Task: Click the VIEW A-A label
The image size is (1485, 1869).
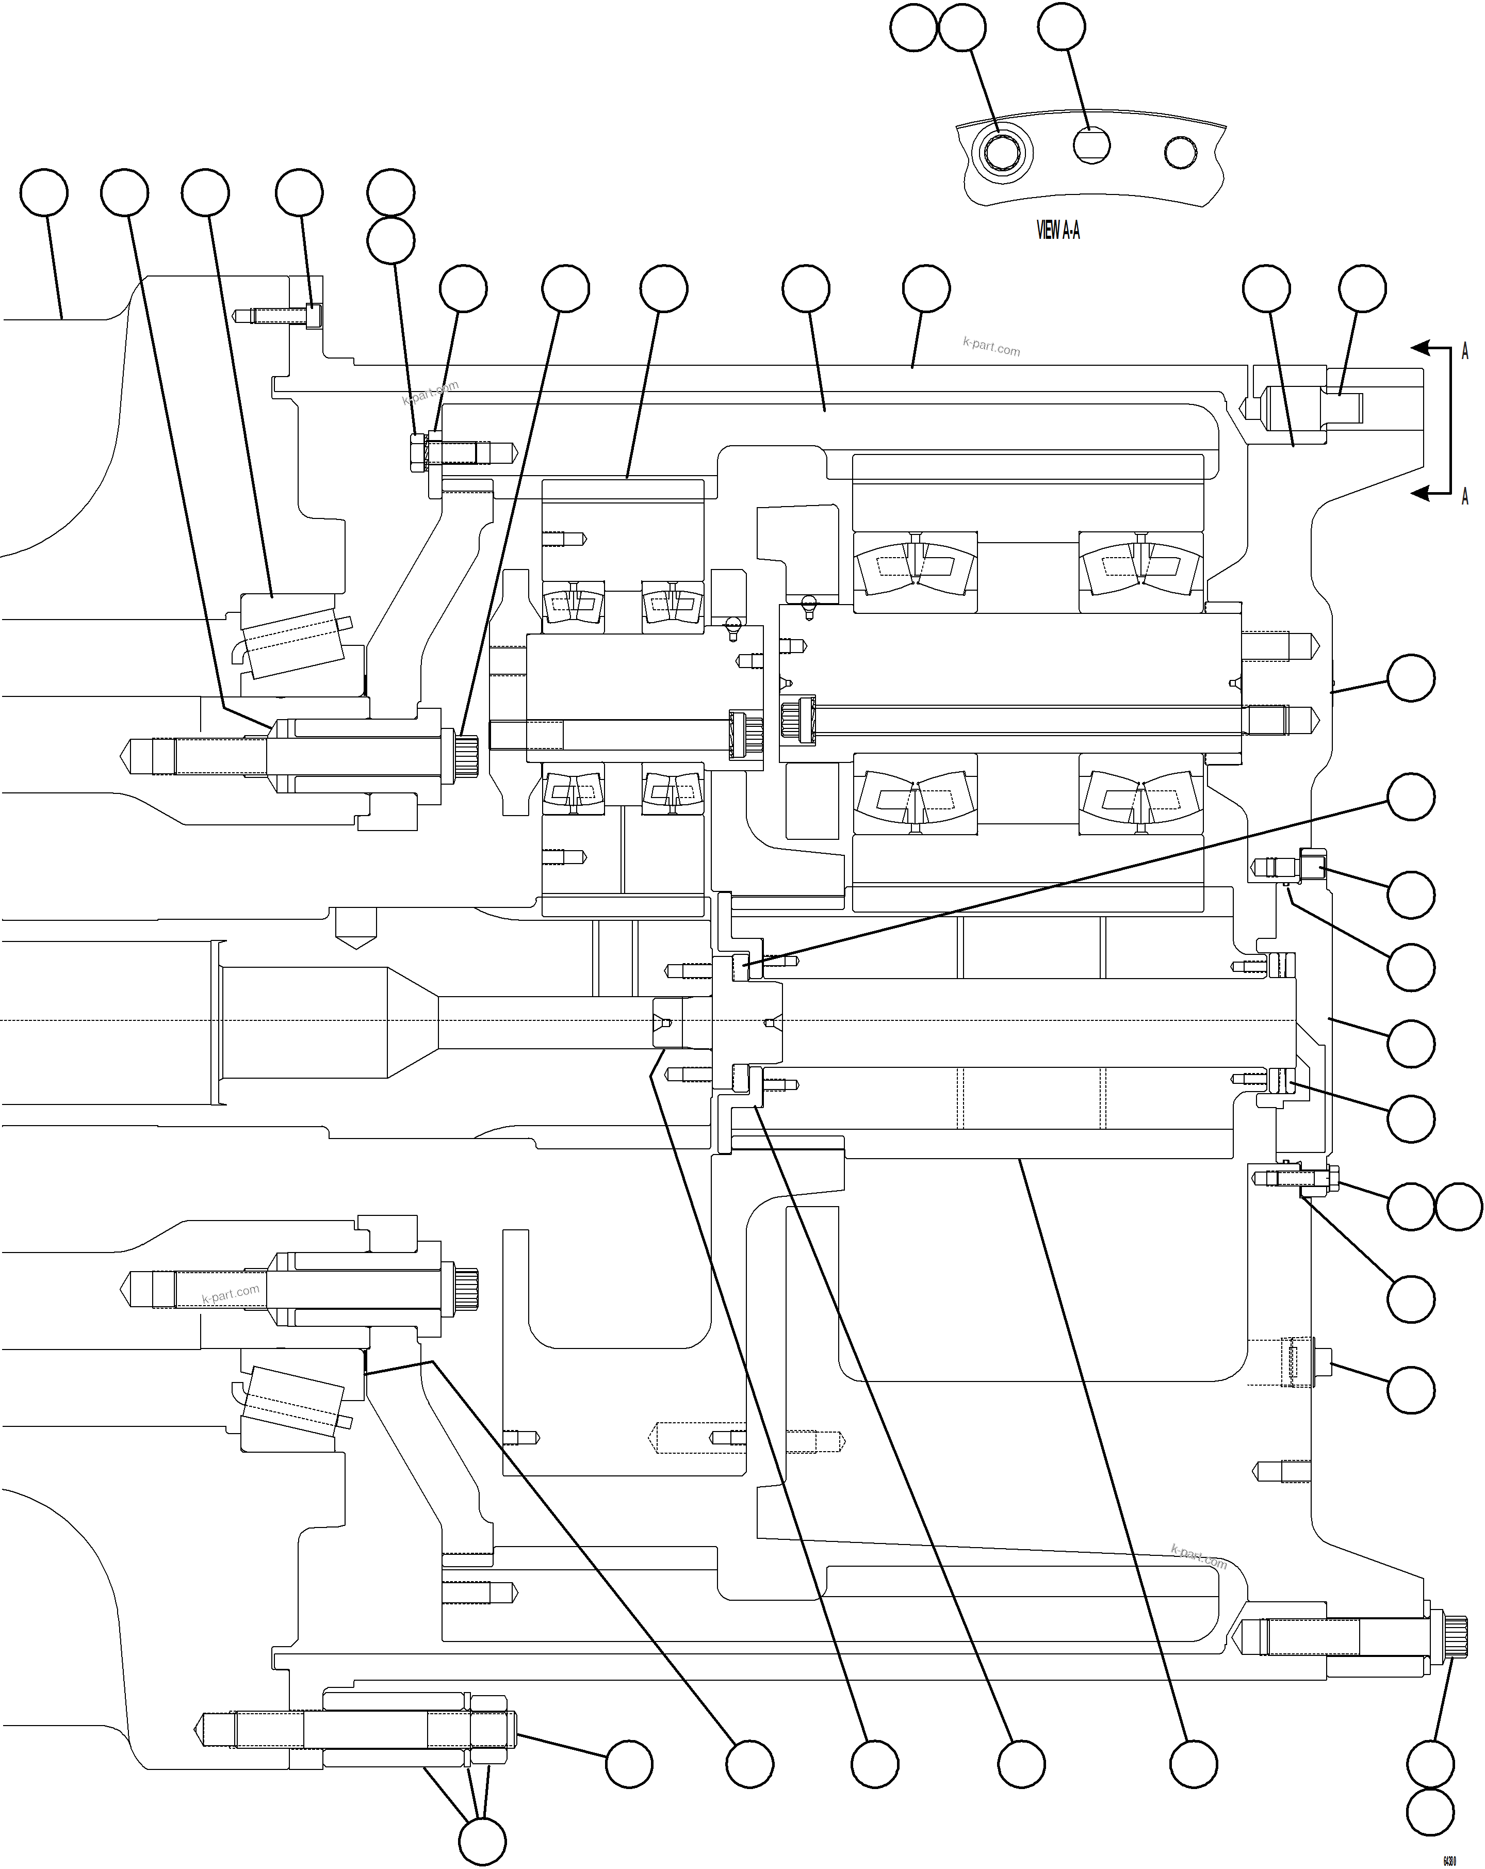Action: [x=1057, y=230]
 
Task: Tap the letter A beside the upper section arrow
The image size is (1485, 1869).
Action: [x=1464, y=351]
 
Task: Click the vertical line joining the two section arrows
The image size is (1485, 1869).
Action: [x=1450, y=420]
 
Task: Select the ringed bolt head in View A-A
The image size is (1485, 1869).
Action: [x=1001, y=154]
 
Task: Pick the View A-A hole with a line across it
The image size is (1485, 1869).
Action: [x=1091, y=145]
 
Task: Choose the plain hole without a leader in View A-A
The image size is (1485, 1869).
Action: [x=1180, y=153]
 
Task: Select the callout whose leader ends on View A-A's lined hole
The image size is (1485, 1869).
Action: [x=1061, y=27]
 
